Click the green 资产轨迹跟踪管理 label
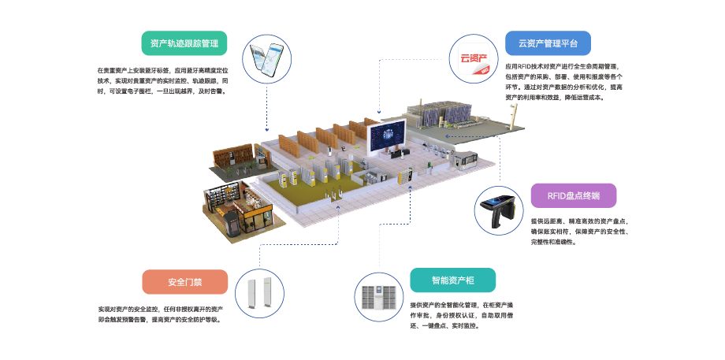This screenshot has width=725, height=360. coord(184,43)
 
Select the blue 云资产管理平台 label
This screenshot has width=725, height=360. coord(548,43)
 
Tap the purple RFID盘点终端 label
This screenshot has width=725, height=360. coord(573,196)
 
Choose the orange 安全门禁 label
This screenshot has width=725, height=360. coord(185,282)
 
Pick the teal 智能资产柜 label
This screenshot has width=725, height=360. coord(452,280)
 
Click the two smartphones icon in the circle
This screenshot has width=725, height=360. coord(266,58)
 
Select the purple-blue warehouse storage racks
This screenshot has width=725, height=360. coord(441,114)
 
